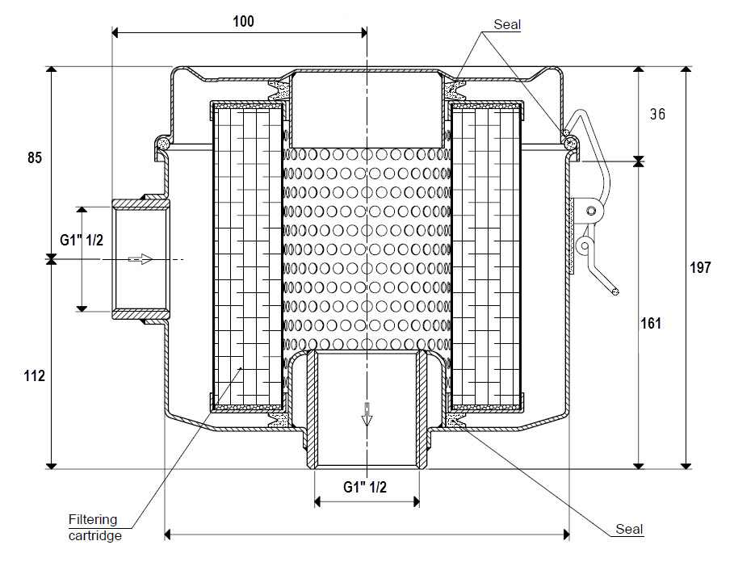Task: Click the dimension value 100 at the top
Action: tap(243, 22)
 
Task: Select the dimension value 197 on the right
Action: tap(701, 267)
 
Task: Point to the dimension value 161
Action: tap(652, 324)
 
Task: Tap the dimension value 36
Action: tap(657, 115)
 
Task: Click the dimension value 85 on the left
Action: tap(34, 157)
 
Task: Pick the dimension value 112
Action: tap(34, 376)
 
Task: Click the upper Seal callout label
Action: tap(508, 25)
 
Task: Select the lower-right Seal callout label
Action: tap(629, 530)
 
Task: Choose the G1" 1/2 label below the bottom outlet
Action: tap(365, 487)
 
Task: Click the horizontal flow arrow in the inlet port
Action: tap(141, 259)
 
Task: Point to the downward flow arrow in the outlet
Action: tap(367, 413)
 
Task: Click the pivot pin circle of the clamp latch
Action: tap(593, 211)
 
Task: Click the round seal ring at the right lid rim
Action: tap(570, 144)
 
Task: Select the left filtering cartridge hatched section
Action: tap(246, 254)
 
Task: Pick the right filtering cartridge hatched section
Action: tap(487, 254)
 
